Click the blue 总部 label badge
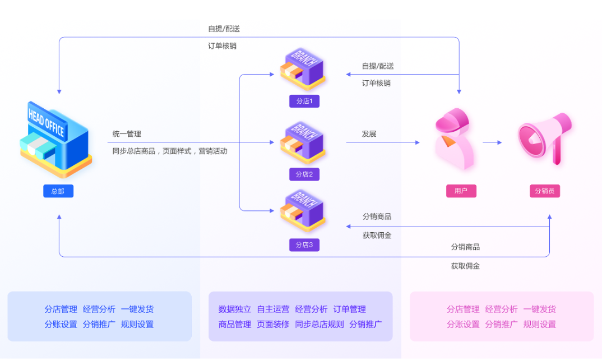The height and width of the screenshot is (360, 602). (58, 191)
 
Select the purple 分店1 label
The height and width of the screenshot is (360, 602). (304, 101)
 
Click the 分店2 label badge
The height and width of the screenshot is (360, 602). (304, 174)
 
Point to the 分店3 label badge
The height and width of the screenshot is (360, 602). (304, 245)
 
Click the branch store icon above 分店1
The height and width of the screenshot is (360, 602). (303, 69)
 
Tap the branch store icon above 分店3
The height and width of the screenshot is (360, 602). (303, 211)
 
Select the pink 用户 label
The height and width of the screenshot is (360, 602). (461, 191)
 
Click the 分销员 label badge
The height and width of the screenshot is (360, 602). (544, 191)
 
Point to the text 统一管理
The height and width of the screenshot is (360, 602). (127, 134)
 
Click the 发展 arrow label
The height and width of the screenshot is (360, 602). (369, 134)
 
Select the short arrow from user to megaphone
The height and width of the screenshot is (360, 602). (492, 143)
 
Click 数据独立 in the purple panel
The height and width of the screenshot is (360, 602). (235, 309)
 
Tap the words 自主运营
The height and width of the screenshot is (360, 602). (273, 309)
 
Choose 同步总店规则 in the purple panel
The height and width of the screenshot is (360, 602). (319, 324)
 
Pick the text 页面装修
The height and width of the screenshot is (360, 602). (273, 324)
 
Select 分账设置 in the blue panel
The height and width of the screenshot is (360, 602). (61, 324)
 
